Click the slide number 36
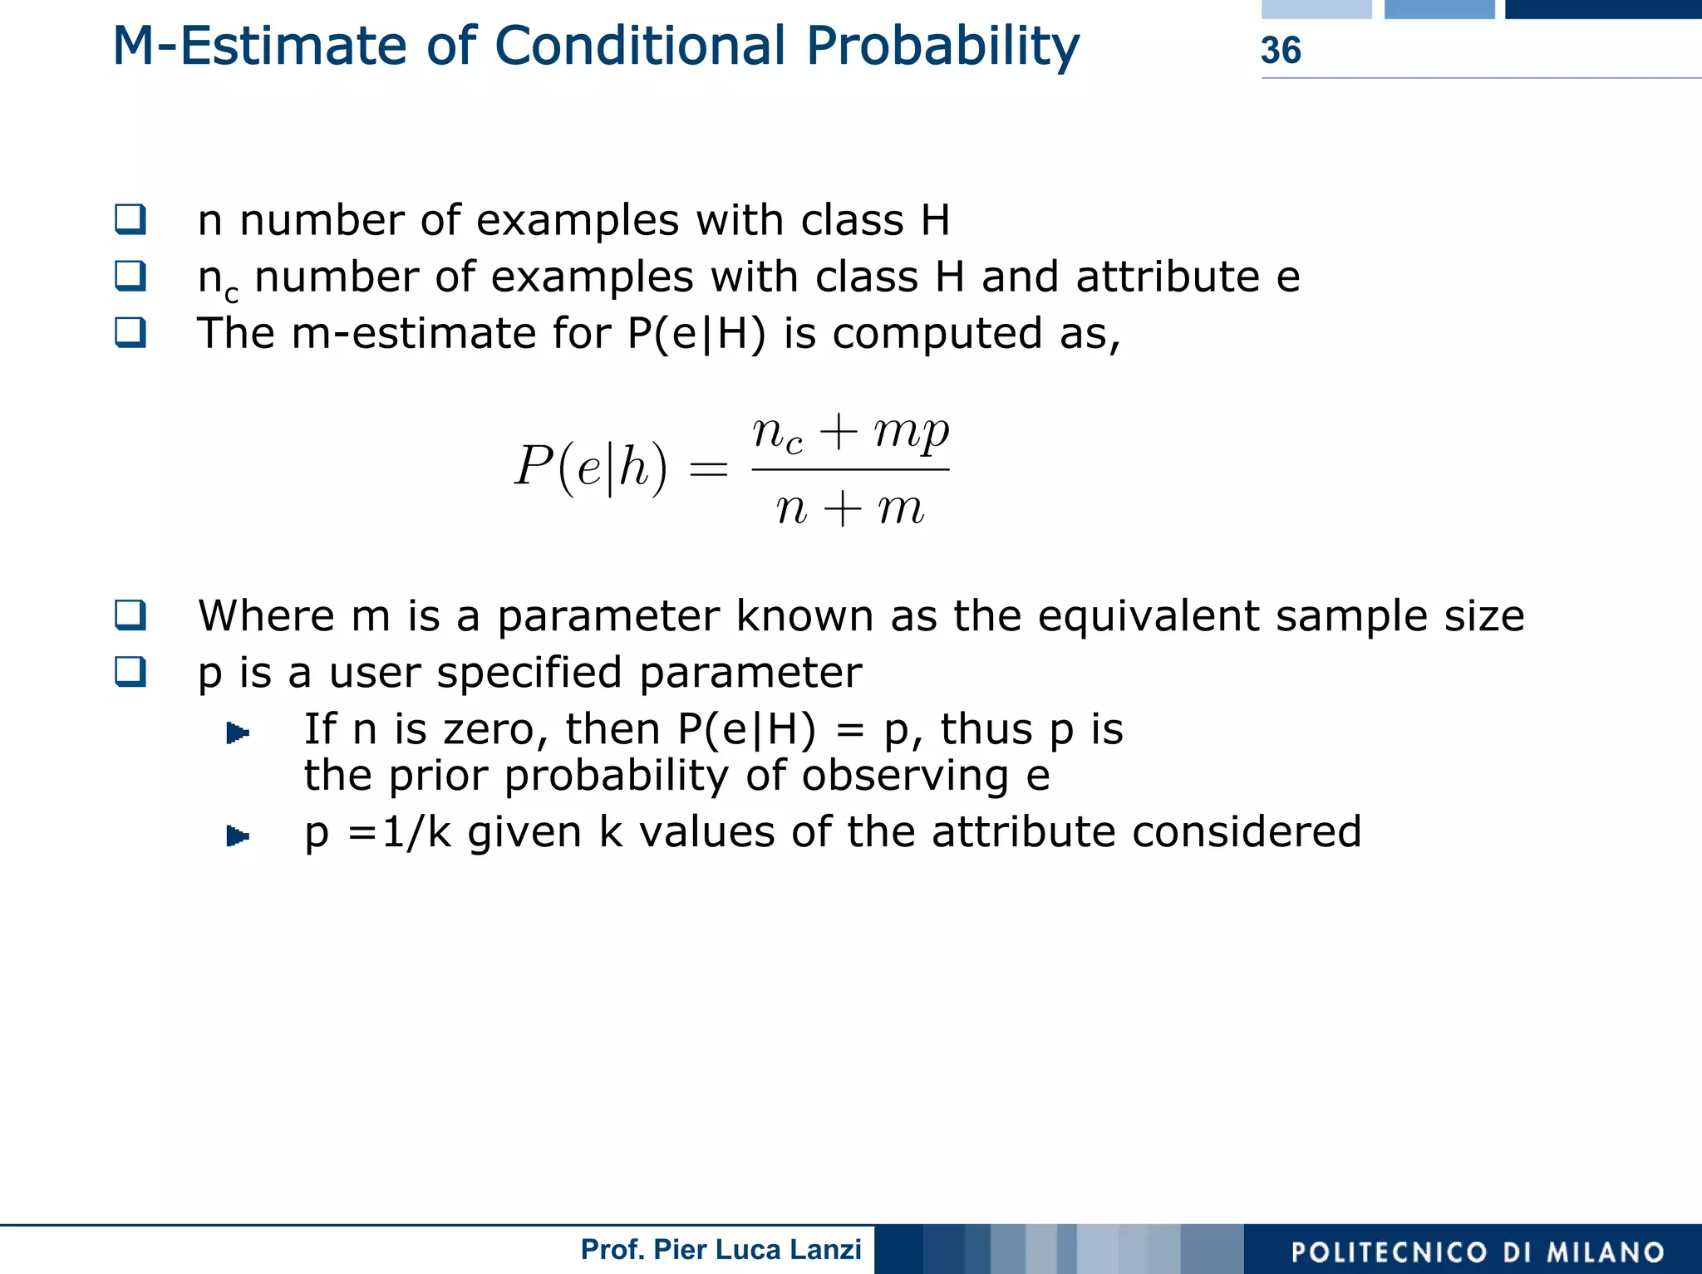click(1280, 51)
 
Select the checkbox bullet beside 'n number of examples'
click(130, 219)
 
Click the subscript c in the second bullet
click(232, 294)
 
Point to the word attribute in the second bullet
click(1168, 277)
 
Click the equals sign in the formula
click(709, 470)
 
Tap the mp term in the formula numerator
click(911, 432)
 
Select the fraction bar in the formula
click(850, 470)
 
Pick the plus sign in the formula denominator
click(844, 508)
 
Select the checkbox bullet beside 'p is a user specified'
click(130, 671)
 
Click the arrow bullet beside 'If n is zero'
click(238, 733)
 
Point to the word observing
click(904, 775)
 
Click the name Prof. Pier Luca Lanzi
click(721, 1249)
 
